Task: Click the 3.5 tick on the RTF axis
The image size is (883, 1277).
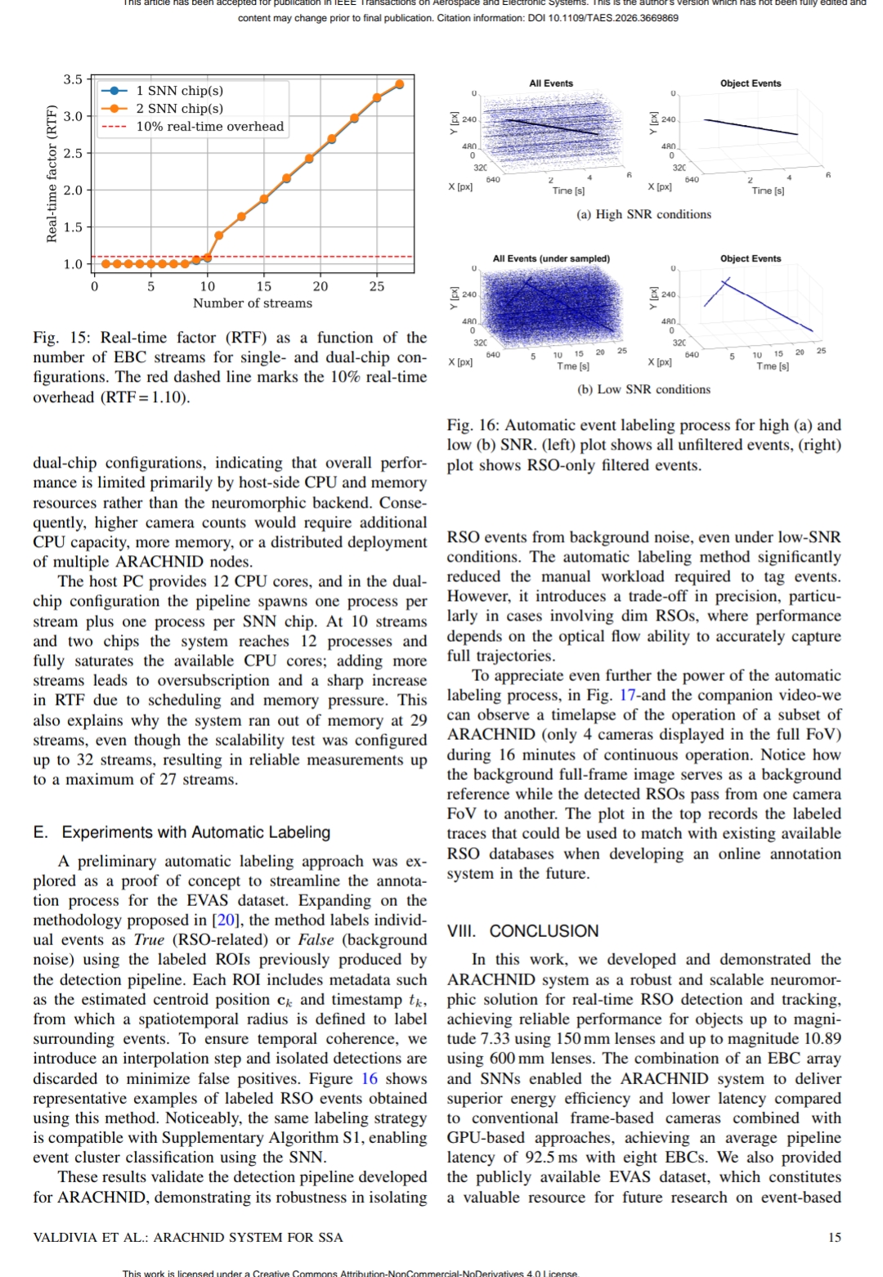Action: click(73, 79)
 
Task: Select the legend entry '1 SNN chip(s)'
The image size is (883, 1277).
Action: click(179, 91)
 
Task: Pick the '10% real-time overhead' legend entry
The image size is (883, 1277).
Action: click(209, 127)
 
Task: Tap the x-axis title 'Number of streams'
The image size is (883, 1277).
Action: click(252, 303)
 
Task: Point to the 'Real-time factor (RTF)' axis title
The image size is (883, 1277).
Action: click(52, 173)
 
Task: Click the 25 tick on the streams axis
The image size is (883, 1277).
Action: click(376, 286)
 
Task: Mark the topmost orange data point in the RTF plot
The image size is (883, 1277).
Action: click(400, 84)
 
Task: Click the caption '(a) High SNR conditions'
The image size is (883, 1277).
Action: click(643, 214)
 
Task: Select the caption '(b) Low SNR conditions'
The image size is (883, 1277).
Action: click(643, 389)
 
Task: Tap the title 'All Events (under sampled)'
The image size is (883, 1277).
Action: click(551, 258)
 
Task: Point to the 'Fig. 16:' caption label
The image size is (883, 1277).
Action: click(473, 425)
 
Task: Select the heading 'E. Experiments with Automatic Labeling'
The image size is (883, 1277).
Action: click(182, 832)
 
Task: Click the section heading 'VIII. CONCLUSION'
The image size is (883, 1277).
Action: click(522, 931)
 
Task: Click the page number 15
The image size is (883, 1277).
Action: click(834, 1238)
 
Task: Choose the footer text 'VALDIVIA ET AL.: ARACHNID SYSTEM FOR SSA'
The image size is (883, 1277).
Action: click(188, 1238)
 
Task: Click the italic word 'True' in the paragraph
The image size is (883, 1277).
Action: click(149, 940)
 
